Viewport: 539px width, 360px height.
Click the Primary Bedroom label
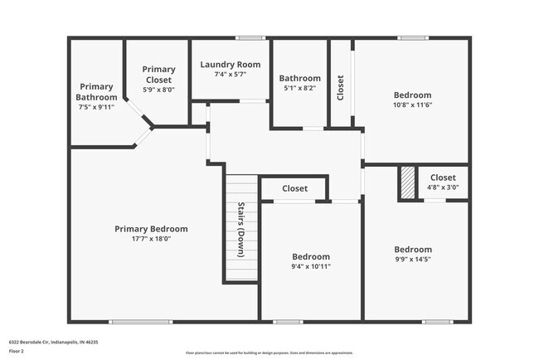pos(151,229)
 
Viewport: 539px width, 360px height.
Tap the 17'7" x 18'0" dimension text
pos(151,239)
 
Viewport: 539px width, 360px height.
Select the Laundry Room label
pos(231,65)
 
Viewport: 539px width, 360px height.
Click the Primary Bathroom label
pos(97,91)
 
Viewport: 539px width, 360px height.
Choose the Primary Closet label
pos(158,75)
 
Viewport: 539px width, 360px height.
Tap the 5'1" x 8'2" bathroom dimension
pos(299,88)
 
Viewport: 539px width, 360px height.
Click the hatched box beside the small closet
pos(407,182)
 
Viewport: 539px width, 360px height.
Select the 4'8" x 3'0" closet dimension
pos(443,187)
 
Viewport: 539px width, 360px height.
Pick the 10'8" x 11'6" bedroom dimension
pos(412,105)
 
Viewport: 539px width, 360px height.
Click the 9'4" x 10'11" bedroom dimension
pos(311,266)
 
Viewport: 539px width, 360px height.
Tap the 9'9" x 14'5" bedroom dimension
pos(412,260)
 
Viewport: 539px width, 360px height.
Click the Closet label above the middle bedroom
pos(294,188)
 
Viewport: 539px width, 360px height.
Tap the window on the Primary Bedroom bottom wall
pos(134,322)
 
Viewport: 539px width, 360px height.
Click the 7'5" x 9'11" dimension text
pos(97,107)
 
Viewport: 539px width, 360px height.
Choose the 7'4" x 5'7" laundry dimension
pos(231,75)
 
